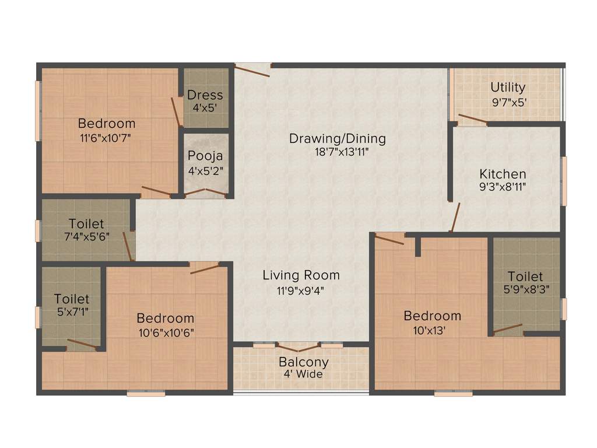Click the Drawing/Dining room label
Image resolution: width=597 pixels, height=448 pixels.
pos(338,139)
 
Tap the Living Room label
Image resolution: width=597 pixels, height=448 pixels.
pos(301,275)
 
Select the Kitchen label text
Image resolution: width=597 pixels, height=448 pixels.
pos(503,174)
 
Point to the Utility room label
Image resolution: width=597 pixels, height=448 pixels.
pos(508,87)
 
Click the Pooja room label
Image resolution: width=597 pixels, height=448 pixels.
pos(205,156)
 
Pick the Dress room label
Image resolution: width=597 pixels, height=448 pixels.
pos(205,94)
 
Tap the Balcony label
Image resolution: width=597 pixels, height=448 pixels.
pos(303,362)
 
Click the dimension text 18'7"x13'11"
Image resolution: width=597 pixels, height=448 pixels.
pos(338,152)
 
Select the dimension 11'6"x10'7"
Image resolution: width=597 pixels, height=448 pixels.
pos(107,138)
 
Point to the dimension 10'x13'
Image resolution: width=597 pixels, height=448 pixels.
pos(432,330)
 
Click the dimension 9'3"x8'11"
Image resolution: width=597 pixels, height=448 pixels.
pos(503,187)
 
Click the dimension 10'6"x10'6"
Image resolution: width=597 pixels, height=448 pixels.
pos(166,332)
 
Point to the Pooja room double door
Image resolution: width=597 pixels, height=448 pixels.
pos(205,194)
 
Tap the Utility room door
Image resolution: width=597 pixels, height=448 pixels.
pos(472,120)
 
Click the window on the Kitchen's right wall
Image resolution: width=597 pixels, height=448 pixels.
pos(564,181)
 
